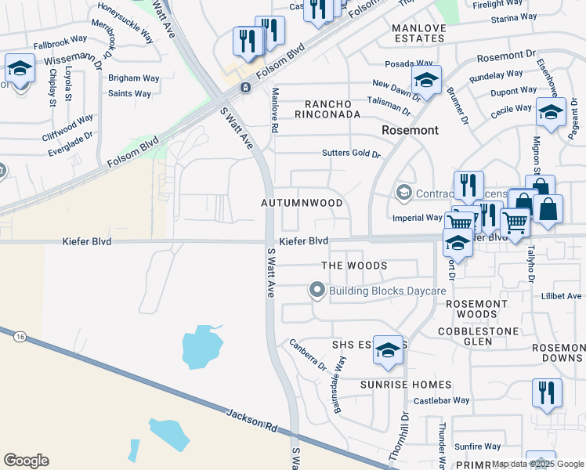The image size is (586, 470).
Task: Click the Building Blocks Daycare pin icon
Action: (317, 291)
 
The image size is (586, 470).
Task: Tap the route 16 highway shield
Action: (20, 336)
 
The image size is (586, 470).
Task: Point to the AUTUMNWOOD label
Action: (302, 203)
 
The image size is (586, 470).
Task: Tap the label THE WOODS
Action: (354, 266)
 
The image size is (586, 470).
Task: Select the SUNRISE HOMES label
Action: (405, 385)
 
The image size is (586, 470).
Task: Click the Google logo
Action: (26, 460)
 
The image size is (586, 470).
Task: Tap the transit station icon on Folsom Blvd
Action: (245, 87)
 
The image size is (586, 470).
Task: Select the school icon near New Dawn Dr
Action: (426, 79)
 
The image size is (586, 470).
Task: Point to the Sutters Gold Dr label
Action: (351, 154)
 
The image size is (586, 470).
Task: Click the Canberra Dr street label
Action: (307, 354)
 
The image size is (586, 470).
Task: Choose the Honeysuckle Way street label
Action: (125, 22)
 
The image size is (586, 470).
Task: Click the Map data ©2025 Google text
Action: (537, 464)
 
